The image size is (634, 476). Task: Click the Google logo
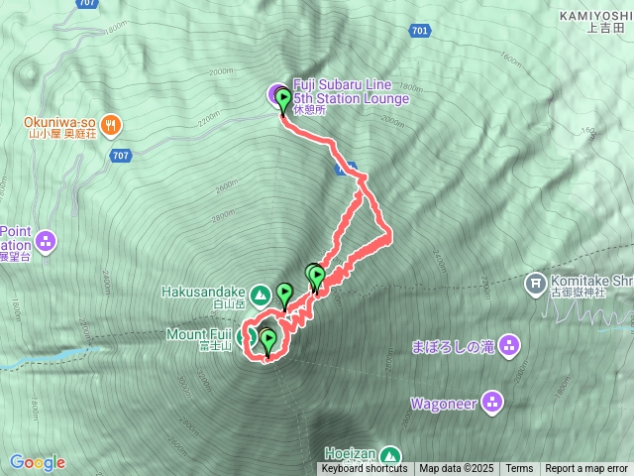click(x=37, y=462)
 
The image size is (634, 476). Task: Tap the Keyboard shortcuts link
click(x=364, y=469)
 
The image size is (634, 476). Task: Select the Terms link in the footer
click(x=519, y=469)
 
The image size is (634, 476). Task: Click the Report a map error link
click(x=586, y=469)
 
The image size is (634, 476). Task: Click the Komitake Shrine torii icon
click(x=536, y=284)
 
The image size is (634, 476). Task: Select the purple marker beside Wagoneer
click(x=493, y=403)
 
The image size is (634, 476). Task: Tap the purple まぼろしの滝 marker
click(x=508, y=346)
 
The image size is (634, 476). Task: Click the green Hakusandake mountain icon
click(x=260, y=294)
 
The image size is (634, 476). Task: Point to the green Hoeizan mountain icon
click(x=391, y=455)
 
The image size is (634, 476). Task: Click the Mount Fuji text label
click(x=197, y=333)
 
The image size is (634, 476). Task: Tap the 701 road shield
click(x=419, y=31)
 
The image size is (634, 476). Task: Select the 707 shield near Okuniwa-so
click(x=121, y=156)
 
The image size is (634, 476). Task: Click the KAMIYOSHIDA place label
click(x=594, y=15)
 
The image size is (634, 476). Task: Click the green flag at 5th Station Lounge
click(x=284, y=100)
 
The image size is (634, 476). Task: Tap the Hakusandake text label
click(x=202, y=293)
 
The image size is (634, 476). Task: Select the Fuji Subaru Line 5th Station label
click(x=352, y=92)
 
